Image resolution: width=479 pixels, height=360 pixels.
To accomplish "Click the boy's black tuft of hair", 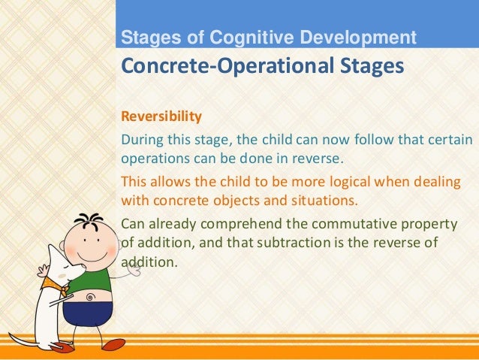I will pos(92,221).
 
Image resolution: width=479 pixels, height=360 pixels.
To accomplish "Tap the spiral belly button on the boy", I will pos(91,296).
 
